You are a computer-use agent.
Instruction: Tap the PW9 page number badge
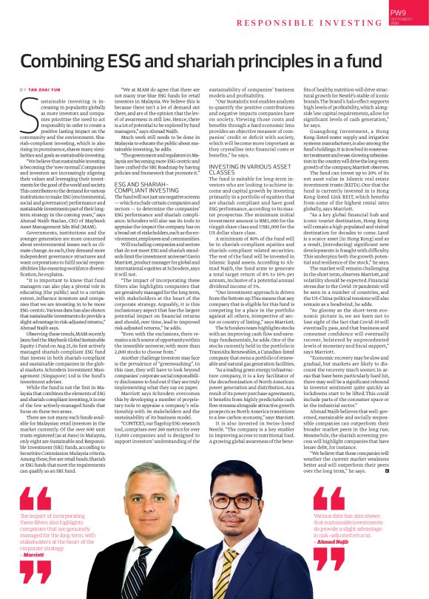pos(398,13)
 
